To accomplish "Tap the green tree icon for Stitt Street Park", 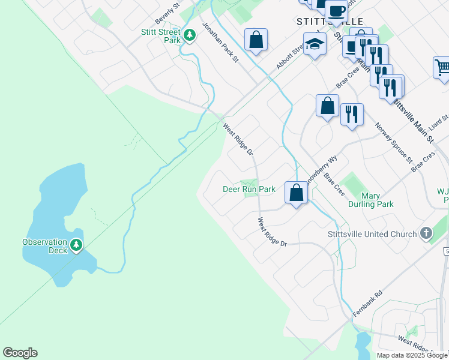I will pyautogui.click(x=190, y=35).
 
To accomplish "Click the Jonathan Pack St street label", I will pyautogui.click(x=220, y=43).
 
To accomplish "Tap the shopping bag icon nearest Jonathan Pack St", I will pyautogui.click(x=256, y=40).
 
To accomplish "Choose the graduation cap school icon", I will pyautogui.click(x=315, y=44).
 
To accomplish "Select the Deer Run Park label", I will pyautogui.click(x=249, y=189).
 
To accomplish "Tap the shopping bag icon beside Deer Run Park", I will pyautogui.click(x=296, y=193).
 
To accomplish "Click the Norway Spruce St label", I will pyautogui.click(x=394, y=143).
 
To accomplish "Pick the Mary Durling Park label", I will pyautogui.click(x=371, y=200).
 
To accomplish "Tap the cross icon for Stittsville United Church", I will pyautogui.click(x=426, y=233).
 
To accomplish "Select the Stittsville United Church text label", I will pyautogui.click(x=372, y=234).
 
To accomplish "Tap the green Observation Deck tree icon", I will pyautogui.click(x=76, y=244).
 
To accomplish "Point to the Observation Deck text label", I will pyautogui.click(x=45, y=246).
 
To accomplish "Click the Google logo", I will pyautogui.click(x=20, y=353).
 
